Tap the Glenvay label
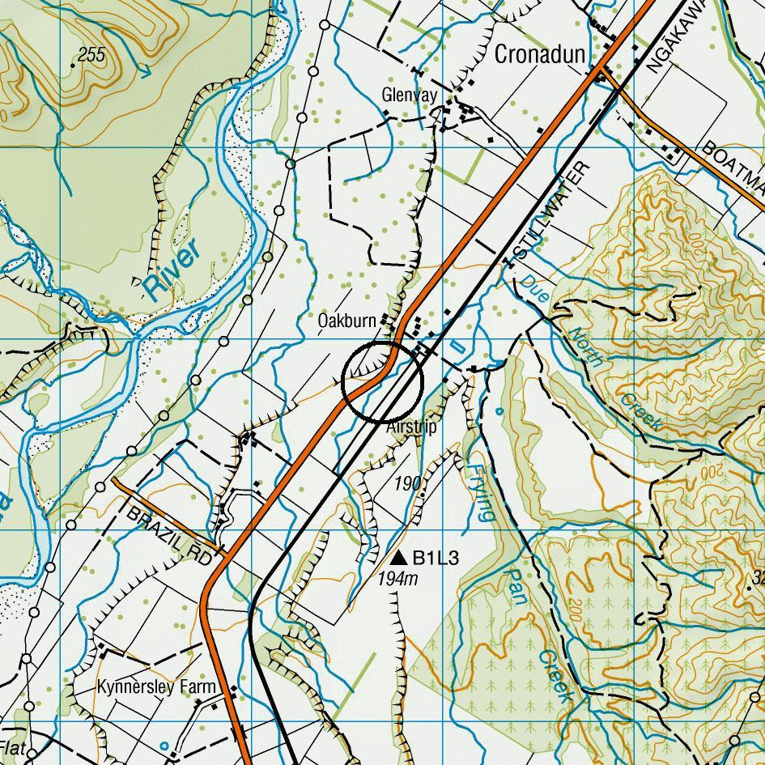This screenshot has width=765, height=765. pos(410,96)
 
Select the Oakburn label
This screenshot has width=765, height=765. pos(346,321)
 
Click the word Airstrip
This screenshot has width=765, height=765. pos(411,427)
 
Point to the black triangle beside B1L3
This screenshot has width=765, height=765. pos(397,558)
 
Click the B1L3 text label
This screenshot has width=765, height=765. pos(436,558)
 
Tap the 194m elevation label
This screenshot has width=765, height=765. pos(397,579)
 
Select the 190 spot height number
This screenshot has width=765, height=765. pos(409,484)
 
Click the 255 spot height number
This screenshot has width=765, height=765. pos(91,55)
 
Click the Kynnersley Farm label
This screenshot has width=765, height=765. pos(156,687)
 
